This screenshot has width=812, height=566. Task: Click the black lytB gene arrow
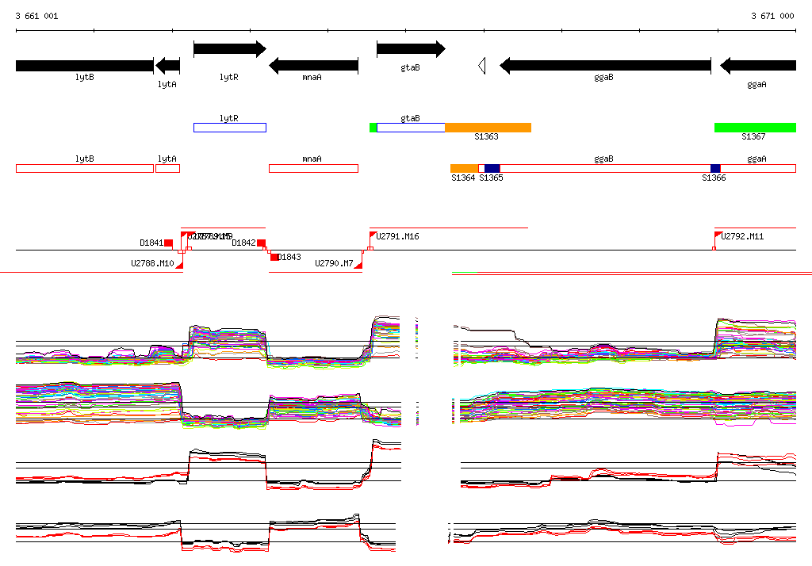coord(84,65)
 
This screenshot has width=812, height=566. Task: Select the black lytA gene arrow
coord(167,65)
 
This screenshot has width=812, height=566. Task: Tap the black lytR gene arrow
coord(229,49)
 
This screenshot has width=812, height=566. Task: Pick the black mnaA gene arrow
coord(313,65)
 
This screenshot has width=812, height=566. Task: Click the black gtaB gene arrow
coord(410,49)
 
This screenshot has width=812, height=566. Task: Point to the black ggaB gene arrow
coord(604,65)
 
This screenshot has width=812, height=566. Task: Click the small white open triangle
coord(481,66)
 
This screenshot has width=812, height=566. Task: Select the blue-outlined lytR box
coord(229,128)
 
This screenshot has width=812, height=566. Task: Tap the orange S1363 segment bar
coord(488,128)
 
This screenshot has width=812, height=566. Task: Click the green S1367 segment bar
coord(755,128)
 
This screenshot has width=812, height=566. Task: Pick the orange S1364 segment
coord(464,168)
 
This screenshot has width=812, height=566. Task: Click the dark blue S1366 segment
coord(715,168)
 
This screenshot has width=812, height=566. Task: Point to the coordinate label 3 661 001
coord(36,16)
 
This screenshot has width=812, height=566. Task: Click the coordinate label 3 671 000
coord(772,16)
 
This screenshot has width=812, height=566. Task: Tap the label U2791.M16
coord(397,236)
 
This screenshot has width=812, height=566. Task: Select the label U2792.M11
coord(742,236)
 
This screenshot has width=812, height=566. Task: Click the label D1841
coord(151,243)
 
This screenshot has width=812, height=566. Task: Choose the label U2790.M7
coord(334,263)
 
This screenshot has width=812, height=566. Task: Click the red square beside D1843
coord(274,257)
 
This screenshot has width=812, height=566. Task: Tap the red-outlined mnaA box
coord(313,168)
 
